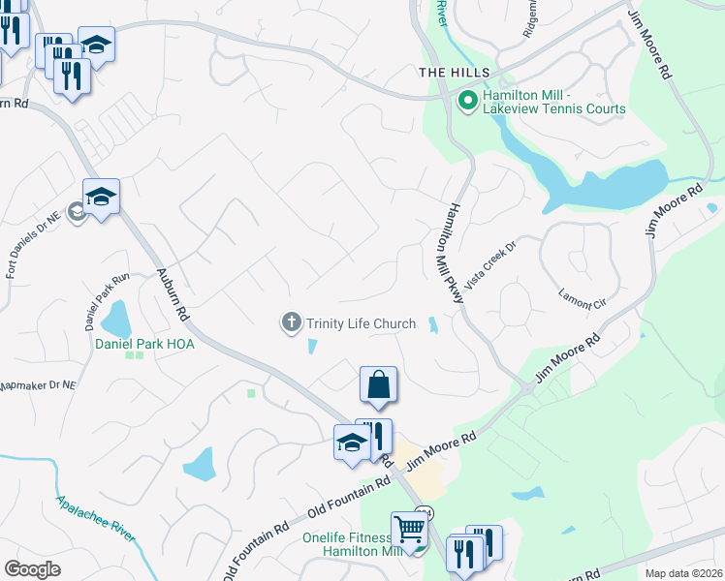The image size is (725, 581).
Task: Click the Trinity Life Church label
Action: coord(361,324)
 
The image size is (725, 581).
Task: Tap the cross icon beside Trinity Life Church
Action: coord(291,323)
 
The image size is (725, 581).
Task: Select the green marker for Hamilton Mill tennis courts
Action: coord(467,100)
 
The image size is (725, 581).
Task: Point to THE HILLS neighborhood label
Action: coord(454,73)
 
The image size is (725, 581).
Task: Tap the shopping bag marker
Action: coord(378,385)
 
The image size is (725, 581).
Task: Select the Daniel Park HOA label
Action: coord(144,344)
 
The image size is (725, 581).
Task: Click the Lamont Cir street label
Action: coord(582,297)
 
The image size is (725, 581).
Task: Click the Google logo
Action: coord(32,568)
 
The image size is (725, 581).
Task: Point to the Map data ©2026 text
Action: coord(682,573)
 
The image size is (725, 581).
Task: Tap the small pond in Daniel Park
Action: coord(116,318)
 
